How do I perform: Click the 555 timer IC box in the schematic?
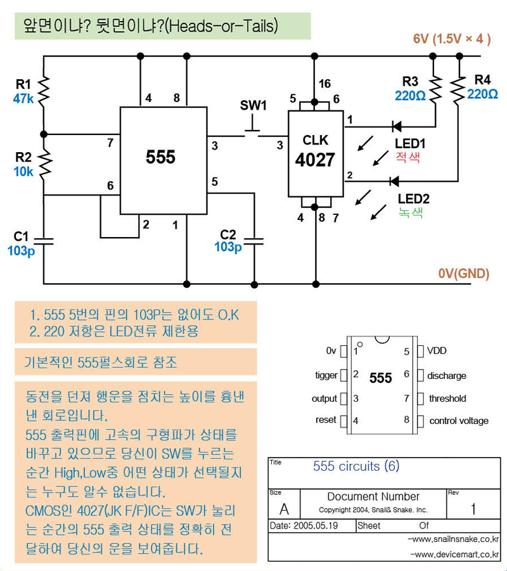coord(163,160)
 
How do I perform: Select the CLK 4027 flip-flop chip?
coord(316,153)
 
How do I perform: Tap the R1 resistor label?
coord(23,84)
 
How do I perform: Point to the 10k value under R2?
coord(23,172)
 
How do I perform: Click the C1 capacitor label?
coord(21,236)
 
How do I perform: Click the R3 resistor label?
coord(410,81)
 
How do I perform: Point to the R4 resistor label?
coord(482,80)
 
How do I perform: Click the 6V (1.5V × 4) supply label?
coord(452,39)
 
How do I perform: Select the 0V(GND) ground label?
coord(463,274)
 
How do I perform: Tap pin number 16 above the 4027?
coord(324,84)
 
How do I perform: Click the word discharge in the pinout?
coord(446,376)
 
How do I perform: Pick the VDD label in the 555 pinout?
coord(437,351)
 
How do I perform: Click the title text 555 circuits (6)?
coord(356,466)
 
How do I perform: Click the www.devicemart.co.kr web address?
coord(454,555)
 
